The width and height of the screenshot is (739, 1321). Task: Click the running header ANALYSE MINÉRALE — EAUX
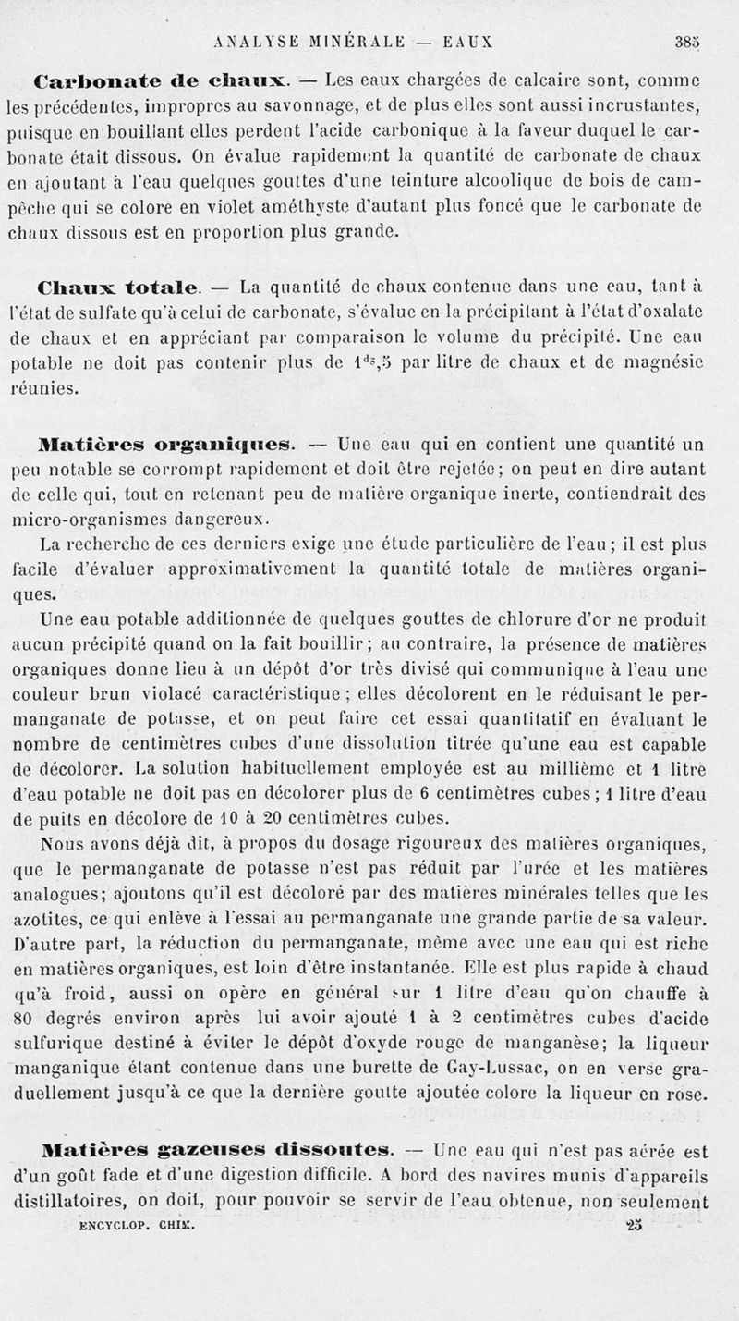(352, 41)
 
